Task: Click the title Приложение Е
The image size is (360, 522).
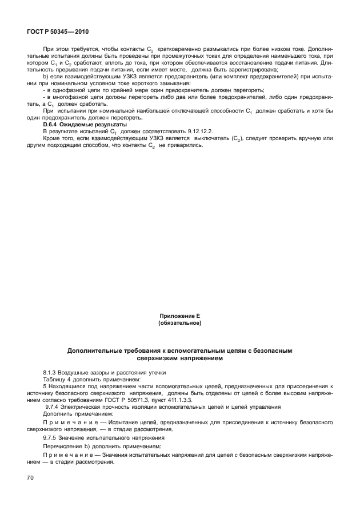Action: (x=179, y=316)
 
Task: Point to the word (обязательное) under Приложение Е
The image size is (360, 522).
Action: (x=179, y=323)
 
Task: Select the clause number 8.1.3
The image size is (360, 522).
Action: (x=50, y=372)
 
